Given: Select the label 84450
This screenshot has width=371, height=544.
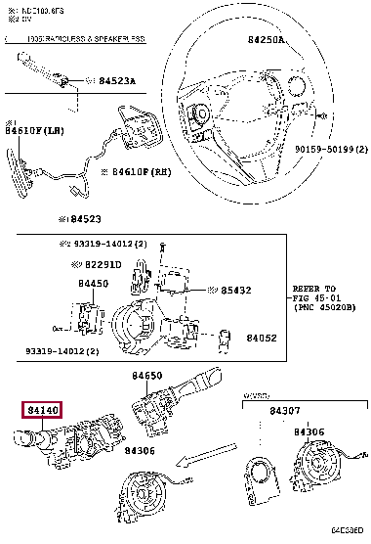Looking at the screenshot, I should [94, 284].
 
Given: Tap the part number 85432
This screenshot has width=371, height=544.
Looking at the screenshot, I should [235, 290].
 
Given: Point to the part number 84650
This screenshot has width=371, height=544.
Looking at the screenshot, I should [147, 375].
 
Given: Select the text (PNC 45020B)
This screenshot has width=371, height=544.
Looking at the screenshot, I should [323, 308].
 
